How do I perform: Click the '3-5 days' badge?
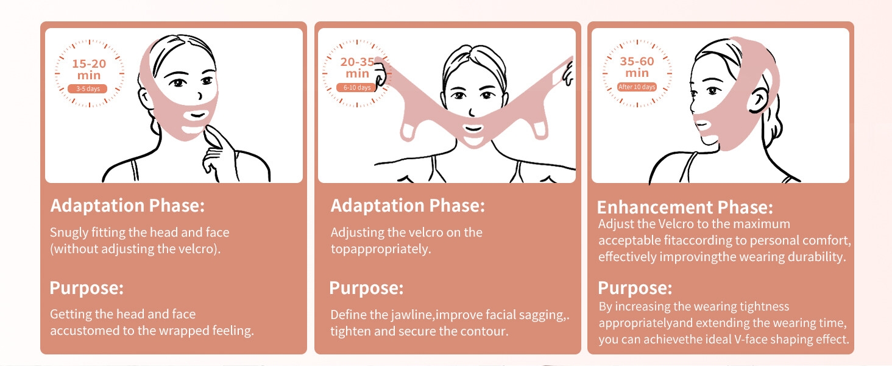pyautogui.click(x=87, y=88)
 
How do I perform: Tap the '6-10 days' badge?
pyautogui.click(x=356, y=87)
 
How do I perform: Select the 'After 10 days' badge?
pyautogui.click(x=636, y=87)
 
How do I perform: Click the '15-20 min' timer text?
pyautogui.click(x=89, y=69)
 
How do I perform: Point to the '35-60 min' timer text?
pyautogui.click(x=637, y=66)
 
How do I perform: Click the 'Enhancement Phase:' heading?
pyautogui.click(x=685, y=207)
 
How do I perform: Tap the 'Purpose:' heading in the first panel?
pyautogui.click(x=87, y=288)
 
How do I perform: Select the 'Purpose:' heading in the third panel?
pyautogui.click(x=635, y=288)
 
